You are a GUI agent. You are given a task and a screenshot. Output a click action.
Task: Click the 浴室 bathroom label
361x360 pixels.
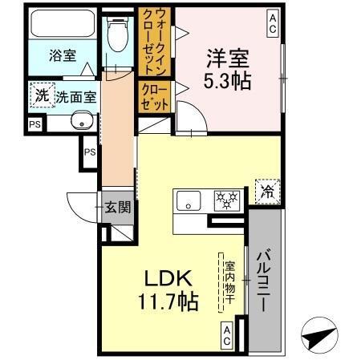click(63, 55)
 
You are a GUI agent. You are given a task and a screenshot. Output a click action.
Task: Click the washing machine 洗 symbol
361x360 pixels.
click(42, 95)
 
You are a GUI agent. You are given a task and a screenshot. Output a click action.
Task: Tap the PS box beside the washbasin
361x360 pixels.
click(34, 124)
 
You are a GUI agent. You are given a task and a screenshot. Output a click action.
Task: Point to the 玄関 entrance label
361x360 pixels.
click(118, 207)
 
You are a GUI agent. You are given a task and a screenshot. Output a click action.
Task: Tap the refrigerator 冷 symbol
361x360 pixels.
click(266, 191)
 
